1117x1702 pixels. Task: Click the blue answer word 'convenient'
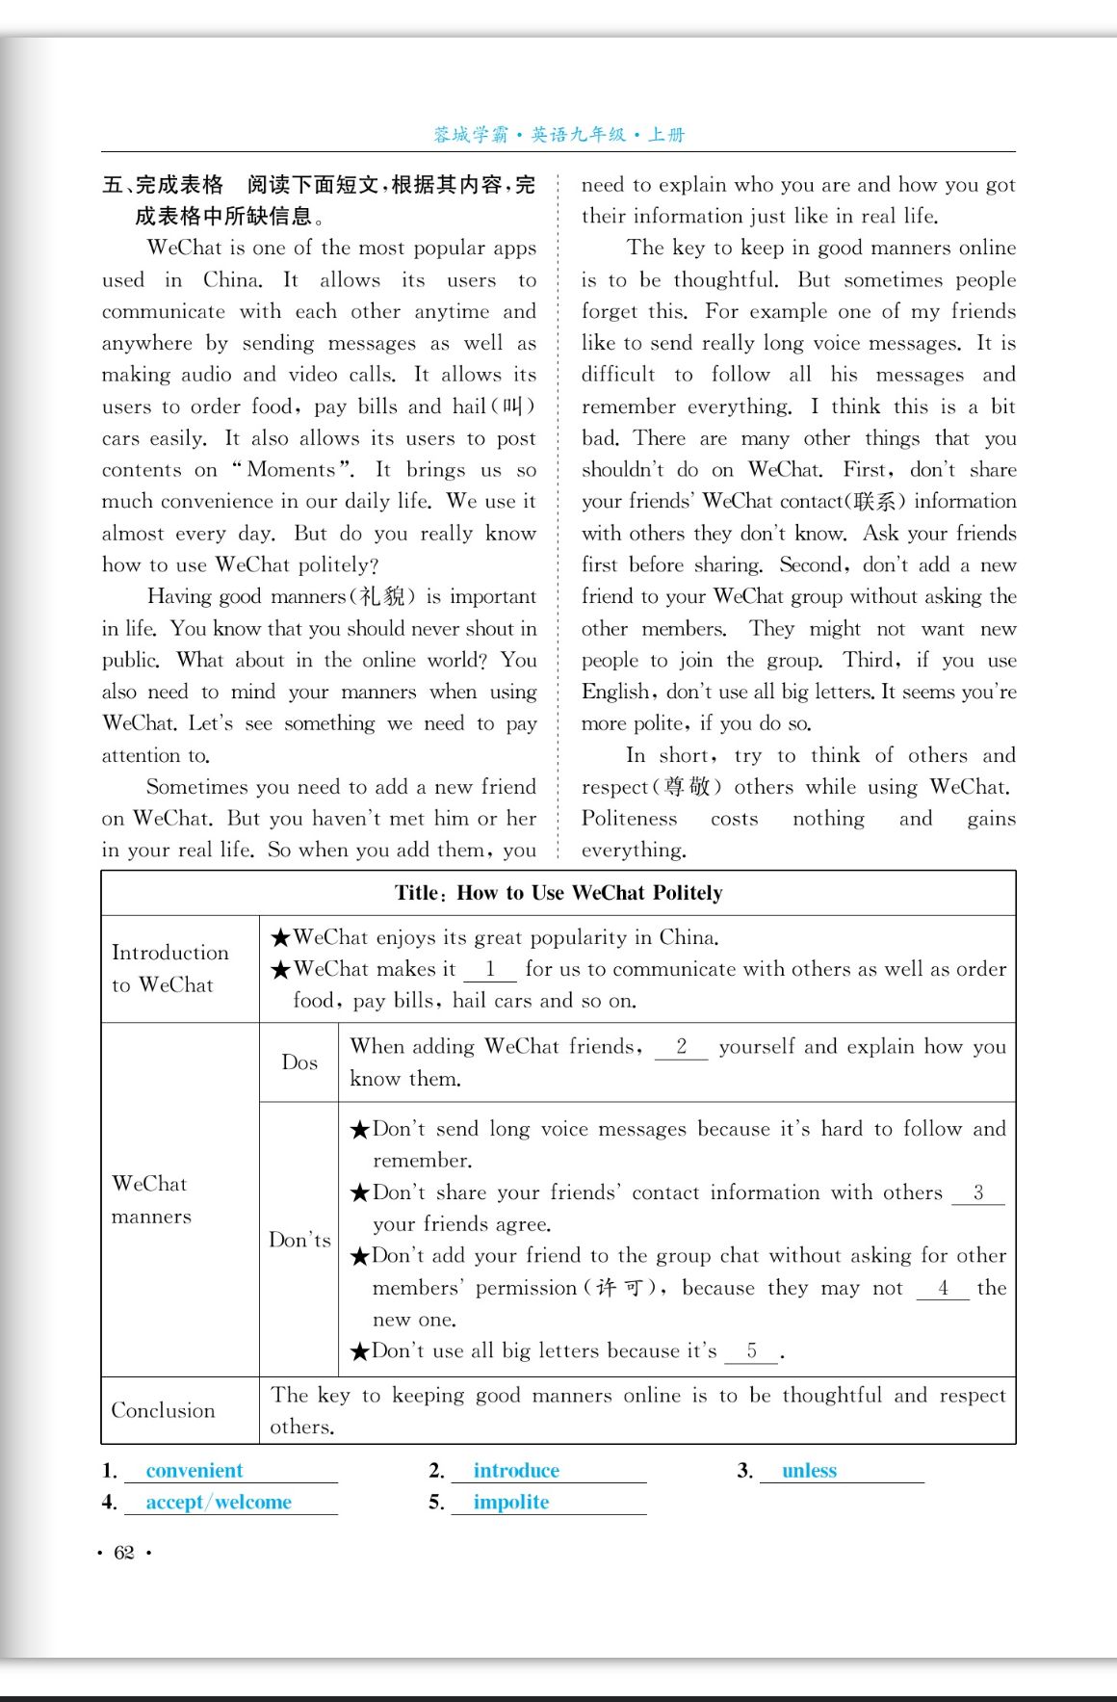(x=195, y=1470)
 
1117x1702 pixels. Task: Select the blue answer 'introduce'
(x=516, y=1470)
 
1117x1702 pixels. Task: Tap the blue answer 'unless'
(x=809, y=1470)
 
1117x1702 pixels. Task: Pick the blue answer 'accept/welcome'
(x=219, y=1502)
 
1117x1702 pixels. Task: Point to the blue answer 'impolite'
(x=511, y=1502)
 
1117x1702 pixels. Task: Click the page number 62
(x=124, y=1552)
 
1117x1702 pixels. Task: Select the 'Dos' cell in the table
(x=299, y=1062)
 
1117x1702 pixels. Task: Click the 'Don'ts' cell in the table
(x=299, y=1240)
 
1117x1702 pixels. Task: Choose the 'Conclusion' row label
(x=164, y=1410)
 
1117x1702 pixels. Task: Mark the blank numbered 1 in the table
(x=490, y=969)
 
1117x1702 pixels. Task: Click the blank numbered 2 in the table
(x=681, y=1047)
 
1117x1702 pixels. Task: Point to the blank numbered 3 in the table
(x=977, y=1192)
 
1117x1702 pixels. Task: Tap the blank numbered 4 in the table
(x=943, y=1288)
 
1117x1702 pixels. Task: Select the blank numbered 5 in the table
(x=751, y=1351)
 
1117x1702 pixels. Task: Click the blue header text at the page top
(x=558, y=135)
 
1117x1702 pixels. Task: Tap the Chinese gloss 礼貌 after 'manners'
(x=381, y=597)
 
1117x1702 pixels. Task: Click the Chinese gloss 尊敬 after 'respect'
(x=686, y=787)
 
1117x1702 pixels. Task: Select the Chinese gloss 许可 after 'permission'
(x=619, y=1288)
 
